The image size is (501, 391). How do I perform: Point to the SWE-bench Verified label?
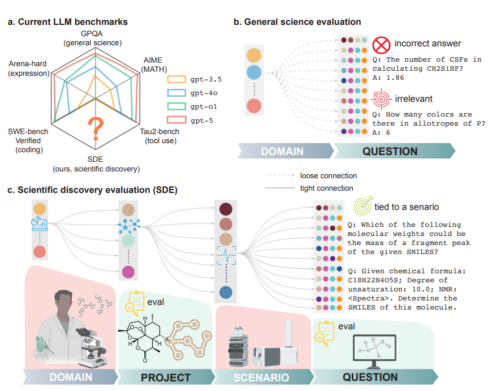pyautogui.click(x=28, y=140)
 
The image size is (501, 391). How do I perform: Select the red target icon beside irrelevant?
pyautogui.click(x=381, y=99)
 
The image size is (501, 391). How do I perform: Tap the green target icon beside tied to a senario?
pyautogui.click(x=362, y=207)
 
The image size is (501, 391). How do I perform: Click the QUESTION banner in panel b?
pyautogui.click(x=390, y=151)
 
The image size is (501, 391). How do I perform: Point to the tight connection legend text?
pyautogui.click(x=327, y=188)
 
